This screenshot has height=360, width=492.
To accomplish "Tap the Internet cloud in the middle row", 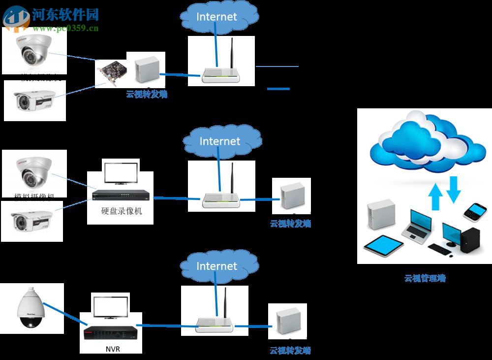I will pos(220,141).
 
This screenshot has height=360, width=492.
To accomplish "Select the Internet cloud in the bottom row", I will pos(216,266).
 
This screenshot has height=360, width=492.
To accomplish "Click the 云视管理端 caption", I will pos(425,278).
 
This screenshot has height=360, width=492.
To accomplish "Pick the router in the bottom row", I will pos(215,322).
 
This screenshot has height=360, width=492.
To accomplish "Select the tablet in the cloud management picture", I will pos(383,246).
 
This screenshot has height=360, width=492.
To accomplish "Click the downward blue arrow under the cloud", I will pos(453,191).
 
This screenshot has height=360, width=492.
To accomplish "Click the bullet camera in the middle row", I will pos(33,221).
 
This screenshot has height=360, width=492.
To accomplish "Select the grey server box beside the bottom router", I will pos(287,320).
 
